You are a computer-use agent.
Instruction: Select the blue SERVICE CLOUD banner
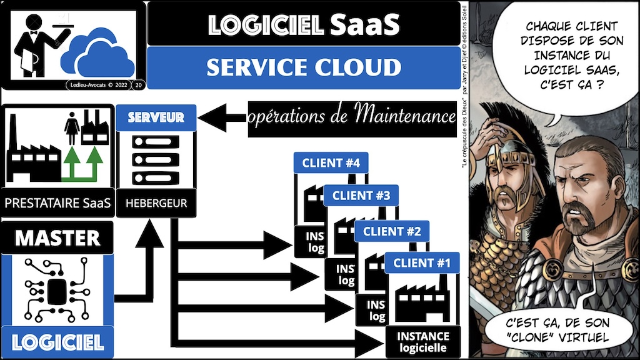pyautogui.click(x=303, y=67)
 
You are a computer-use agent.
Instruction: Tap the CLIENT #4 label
pyautogui.click(x=331, y=164)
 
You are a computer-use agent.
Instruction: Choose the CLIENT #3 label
pyautogui.click(x=361, y=196)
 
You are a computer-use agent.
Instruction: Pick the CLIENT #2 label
pyautogui.click(x=392, y=231)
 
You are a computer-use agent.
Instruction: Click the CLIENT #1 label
pyautogui.click(x=422, y=263)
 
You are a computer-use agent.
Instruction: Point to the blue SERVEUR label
pyautogui.click(x=156, y=117)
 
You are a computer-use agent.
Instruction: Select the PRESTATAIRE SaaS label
pyautogui.click(x=57, y=203)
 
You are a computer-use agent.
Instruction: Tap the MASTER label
pyautogui.click(x=57, y=238)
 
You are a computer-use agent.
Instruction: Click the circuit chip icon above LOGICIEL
pyautogui.click(x=57, y=291)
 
